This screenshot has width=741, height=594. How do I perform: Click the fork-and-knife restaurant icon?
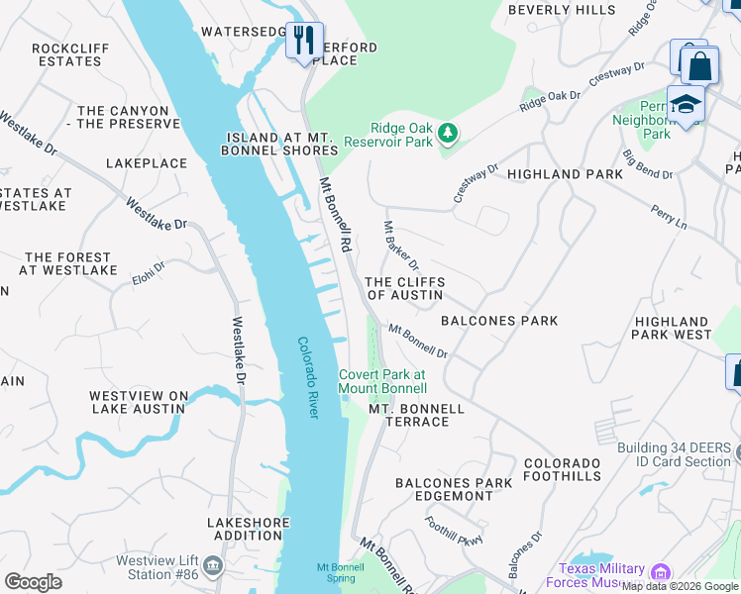click(x=304, y=41)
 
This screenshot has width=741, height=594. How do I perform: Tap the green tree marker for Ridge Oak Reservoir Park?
click(x=448, y=132)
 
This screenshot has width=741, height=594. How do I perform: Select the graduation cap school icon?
click(x=685, y=103)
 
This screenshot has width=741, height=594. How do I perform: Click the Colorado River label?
click(x=307, y=377)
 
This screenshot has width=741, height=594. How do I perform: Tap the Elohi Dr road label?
click(x=148, y=267)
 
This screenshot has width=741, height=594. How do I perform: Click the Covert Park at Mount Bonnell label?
click(x=382, y=381)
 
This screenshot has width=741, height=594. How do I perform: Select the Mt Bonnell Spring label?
click(x=336, y=571)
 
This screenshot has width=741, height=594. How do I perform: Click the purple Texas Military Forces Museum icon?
click(x=660, y=571)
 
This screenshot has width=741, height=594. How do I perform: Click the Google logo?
click(x=33, y=582)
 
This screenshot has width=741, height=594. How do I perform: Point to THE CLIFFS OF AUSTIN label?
click(x=405, y=288)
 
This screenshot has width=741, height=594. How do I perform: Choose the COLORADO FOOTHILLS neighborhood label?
click(x=562, y=469)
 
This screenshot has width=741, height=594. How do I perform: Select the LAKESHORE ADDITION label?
click(x=248, y=529)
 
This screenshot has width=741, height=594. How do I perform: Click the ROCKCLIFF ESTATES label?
click(x=66, y=54)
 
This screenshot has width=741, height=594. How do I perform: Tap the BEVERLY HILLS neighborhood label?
click(x=561, y=10)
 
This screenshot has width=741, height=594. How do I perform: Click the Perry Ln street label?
click(x=668, y=218)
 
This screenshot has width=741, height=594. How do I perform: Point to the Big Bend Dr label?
click(x=648, y=164)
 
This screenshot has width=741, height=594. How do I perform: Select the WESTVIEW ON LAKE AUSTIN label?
click(x=139, y=402)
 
